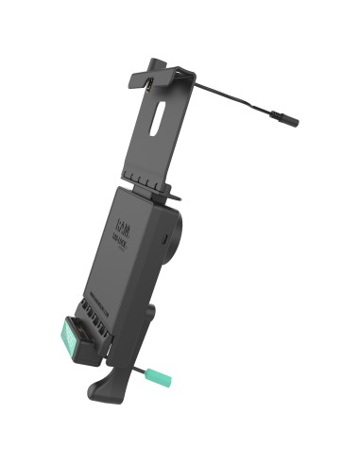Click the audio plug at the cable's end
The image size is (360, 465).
(x=284, y=122)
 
